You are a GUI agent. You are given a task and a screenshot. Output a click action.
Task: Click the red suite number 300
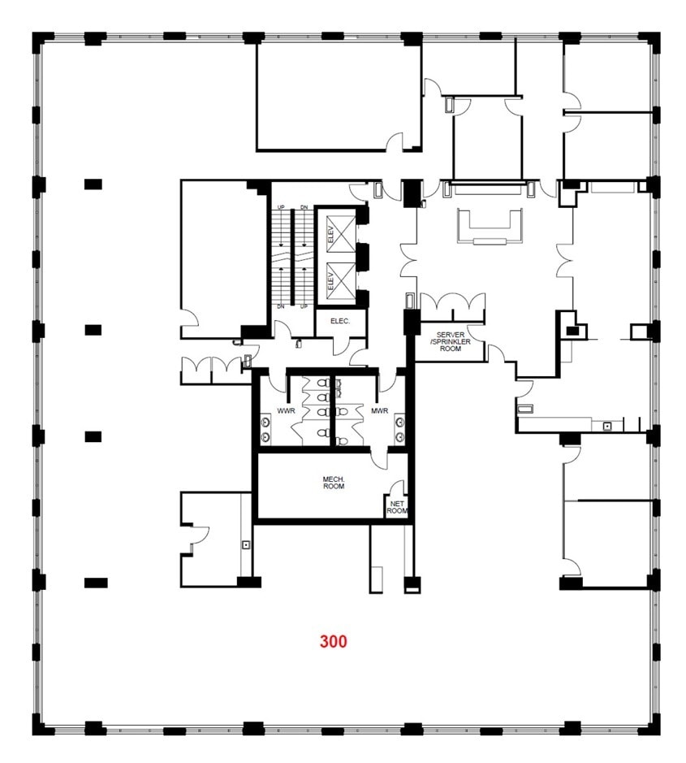coord(333,641)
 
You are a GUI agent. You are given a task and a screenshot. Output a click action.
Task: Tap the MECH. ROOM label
coord(334,483)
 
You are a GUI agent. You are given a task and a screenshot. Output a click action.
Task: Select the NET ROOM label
coord(396,506)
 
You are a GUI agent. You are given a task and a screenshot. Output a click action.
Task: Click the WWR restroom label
coord(284,412)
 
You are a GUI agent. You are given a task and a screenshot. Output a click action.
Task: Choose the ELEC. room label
coord(340,322)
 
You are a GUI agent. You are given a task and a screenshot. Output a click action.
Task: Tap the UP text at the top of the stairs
coord(281,207)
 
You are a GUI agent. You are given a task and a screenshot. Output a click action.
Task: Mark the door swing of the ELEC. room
coord(340,345)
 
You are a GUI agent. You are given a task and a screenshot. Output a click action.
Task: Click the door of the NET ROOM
coord(396,488)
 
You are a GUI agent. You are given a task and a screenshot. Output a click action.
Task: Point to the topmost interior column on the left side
coord(93,184)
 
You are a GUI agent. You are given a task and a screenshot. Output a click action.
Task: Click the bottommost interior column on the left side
coord(96,583)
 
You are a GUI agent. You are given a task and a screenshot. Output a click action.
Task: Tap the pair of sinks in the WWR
coord(265,430)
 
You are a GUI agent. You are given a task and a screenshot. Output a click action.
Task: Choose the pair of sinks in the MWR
coord(399,430)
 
